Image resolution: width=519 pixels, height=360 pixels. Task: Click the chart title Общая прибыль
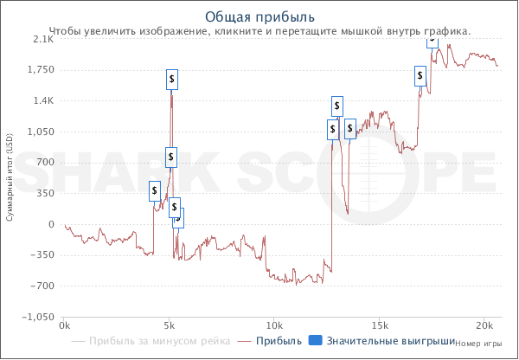[259, 16]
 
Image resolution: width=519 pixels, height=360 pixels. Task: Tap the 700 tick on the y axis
[46, 163]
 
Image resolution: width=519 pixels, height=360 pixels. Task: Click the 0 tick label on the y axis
[51, 225]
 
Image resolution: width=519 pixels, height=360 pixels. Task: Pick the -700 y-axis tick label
[43, 286]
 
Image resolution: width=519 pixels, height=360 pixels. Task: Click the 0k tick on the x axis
[64, 326]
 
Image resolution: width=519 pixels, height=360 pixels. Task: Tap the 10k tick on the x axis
[273, 326]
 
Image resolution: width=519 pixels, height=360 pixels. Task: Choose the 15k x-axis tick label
[379, 326]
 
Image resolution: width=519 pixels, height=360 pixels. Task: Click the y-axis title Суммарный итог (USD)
[9, 177]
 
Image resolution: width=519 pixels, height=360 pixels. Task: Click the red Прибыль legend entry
[278, 341]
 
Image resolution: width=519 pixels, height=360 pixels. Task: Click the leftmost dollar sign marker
[154, 190]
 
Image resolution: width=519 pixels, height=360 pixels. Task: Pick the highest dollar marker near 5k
[172, 80]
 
